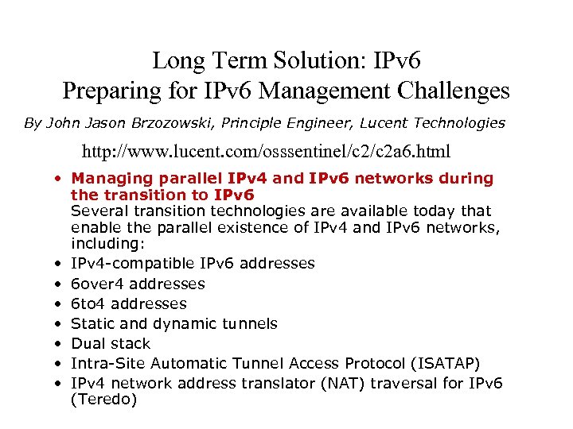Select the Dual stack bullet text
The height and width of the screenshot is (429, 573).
click(x=110, y=343)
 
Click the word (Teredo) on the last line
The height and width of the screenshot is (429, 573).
click(x=103, y=400)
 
